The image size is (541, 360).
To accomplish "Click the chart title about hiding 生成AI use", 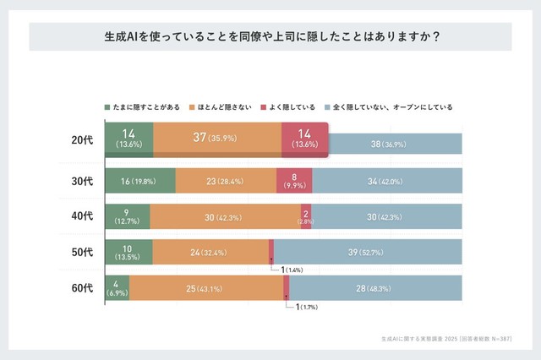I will click(270, 37).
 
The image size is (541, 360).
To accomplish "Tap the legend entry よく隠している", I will click(288, 107).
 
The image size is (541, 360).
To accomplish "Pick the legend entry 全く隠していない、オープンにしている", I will click(388, 107).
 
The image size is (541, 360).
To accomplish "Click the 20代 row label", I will click(82, 139).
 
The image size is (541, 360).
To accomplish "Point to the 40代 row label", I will click(82, 215).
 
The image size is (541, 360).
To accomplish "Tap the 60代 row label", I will click(82, 288).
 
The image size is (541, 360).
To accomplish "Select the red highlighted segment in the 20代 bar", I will click(304, 139).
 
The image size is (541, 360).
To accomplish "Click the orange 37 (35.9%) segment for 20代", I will click(217, 139).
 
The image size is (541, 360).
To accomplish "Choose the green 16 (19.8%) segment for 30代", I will click(140, 180).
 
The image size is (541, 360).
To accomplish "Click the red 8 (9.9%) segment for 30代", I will click(294, 180).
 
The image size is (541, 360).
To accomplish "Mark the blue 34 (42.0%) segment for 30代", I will click(387, 180).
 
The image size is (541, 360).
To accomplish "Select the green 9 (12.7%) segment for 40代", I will click(128, 215).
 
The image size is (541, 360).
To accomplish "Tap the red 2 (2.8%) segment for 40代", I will click(306, 215).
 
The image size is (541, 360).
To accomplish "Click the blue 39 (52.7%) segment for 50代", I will click(368, 252).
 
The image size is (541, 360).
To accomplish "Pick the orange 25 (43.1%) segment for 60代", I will click(206, 288).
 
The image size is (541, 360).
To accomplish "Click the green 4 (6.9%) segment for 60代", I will click(117, 288).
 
